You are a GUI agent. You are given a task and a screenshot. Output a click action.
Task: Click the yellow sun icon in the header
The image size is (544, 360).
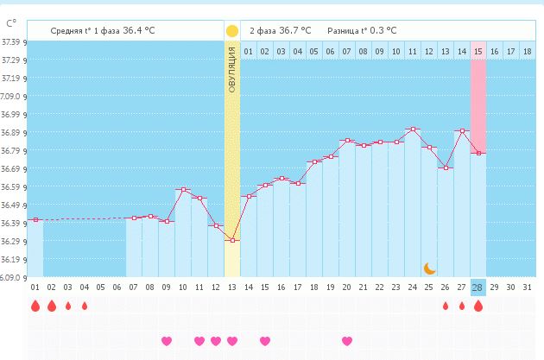231,31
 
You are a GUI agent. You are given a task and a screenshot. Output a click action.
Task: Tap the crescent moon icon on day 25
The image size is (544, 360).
429,268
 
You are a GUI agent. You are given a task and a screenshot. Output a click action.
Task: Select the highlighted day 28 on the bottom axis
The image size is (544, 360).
478,287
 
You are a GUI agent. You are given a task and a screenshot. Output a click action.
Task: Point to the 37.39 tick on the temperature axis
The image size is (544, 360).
13,41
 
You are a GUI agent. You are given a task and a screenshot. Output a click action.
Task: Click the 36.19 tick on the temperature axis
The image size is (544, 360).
13,260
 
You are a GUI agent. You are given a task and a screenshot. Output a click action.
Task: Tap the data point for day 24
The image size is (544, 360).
413,129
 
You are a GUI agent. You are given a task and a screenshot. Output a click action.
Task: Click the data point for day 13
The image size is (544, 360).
231,240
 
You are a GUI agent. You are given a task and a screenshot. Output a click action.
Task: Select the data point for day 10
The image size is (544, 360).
182,189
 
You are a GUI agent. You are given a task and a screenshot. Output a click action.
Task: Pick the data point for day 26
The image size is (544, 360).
446,167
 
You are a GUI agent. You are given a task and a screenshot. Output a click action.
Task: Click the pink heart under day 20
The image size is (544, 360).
347,341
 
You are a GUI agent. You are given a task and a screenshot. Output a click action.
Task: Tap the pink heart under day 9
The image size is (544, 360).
166,341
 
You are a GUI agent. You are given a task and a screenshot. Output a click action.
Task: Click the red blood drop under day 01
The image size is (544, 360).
35,306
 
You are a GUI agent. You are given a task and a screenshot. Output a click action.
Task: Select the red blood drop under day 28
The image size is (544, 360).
478,306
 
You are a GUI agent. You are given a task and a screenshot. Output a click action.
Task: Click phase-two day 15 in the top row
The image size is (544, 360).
478,52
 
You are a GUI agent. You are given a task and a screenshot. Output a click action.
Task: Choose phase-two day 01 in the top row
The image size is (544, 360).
248,52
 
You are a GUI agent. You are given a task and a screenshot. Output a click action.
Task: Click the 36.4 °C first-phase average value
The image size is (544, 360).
139,30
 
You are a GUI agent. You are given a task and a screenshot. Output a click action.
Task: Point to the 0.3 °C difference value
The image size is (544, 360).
380,30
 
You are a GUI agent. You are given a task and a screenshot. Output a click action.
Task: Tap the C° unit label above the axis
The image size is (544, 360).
9,22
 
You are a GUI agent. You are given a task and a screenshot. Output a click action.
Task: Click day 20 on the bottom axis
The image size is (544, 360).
347,287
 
